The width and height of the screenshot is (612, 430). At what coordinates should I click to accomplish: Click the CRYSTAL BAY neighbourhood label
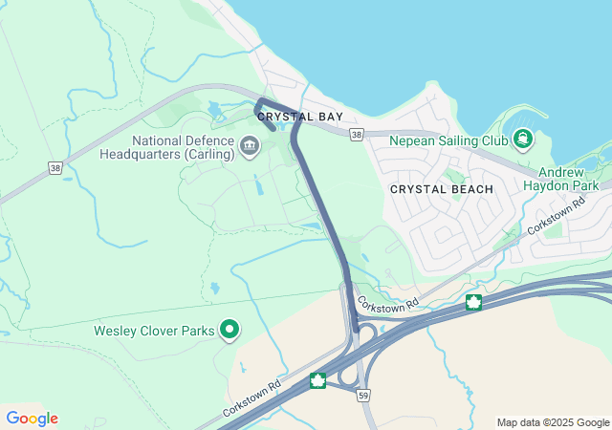pyautogui.click(x=300, y=117)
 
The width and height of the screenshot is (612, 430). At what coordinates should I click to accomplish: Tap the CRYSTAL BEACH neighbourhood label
pyautogui.click(x=442, y=189)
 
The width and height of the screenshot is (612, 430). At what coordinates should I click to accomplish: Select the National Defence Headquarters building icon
pyautogui.click(x=250, y=145)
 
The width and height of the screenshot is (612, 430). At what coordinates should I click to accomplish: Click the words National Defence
pyautogui.click(x=184, y=140)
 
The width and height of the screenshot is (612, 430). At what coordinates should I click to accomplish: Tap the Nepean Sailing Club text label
pyautogui.click(x=448, y=140)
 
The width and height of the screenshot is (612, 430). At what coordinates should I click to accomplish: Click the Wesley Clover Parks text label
pyautogui.click(x=155, y=331)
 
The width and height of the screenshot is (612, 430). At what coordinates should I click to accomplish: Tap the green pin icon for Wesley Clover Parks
pyautogui.click(x=229, y=331)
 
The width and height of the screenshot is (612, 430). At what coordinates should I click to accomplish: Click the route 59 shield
pyautogui.click(x=362, y=394)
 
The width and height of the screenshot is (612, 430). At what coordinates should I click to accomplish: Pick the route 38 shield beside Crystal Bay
pyautogui.click(x=356, y=136)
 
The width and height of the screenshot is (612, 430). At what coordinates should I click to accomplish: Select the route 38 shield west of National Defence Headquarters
pyautogui.click(x=56, y=167)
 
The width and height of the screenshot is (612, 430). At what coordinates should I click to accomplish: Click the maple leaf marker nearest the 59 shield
pyautogui.click(x=318, y=382)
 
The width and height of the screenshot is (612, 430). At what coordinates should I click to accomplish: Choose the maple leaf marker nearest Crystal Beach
pyautogui.click(x=472, y=303)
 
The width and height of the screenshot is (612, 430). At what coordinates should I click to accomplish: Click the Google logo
pyautogui.click(x=32, y=419)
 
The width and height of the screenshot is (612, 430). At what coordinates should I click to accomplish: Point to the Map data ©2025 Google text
pyautogui.click(x=553, y=422)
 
